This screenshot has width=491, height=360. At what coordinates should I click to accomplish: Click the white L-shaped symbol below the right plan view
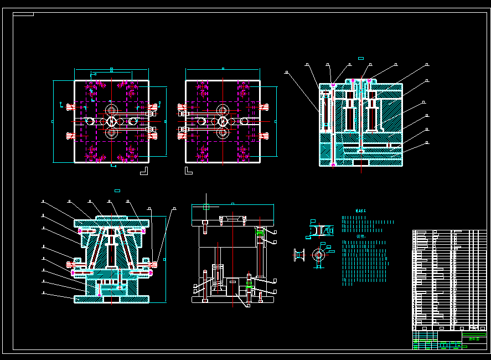pyautogui.click(x=188, y=169)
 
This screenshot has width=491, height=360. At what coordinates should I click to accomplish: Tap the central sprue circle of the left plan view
pyautogui.click(x=111, y=121)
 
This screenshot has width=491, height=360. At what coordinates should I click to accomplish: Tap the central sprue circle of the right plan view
pyautogui.click(x=223, y=121)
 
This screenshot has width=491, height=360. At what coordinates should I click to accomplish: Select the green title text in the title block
pyautogui.click(x=474, y=339)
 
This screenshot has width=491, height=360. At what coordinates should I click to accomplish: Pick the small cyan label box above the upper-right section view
pyautogui.click(x=361, y=58)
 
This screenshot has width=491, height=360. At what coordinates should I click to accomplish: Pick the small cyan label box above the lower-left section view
pyautogui.click(x=117, y=191)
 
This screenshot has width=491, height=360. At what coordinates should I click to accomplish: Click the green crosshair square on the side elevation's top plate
pyautogui.click(x=206, y=208)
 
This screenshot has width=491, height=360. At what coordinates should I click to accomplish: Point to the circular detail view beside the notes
pyautogui.click(x=318, y=255)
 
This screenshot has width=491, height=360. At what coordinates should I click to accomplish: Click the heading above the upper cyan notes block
pyautogui.click(x=360, y=211)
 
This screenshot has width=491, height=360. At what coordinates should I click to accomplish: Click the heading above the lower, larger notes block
pyautogui.click(x=360, y=236)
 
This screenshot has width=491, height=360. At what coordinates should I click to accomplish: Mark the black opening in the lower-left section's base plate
pyautogui.click(x=111, y=299)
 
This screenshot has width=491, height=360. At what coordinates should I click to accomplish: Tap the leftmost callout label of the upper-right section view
pyautogui.click(x=286, y=72)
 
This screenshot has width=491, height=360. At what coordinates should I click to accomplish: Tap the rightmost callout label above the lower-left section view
pyautogui.click(x=174, y=209)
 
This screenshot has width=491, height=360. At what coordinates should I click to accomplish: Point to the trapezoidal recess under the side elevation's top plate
pyautogui.click(x=232, y=220)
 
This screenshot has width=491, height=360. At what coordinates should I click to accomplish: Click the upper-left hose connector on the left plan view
pyautogui.click(x=70, y=106)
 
